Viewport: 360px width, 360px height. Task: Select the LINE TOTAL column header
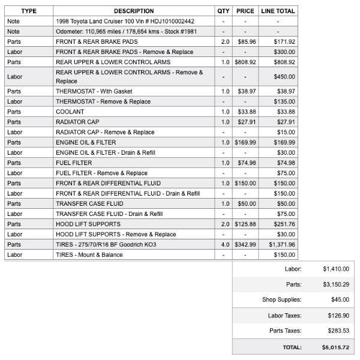[278, 11]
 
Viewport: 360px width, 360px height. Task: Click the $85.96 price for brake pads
[246, 41]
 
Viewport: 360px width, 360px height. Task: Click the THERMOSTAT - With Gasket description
[94, 91]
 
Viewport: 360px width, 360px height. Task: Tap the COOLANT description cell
[70, 112]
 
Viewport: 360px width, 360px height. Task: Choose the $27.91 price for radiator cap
[246, 122]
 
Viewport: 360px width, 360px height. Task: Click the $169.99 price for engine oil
[246, 142]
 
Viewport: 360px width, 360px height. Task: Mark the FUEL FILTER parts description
[74, 163]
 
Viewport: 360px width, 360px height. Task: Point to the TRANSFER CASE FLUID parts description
[89, 203]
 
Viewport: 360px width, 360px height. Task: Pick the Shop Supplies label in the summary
[281, 299]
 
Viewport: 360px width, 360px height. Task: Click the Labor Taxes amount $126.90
[335, 315]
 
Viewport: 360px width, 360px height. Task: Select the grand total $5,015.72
[335, 347]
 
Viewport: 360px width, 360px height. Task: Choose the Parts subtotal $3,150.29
[335, 284]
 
